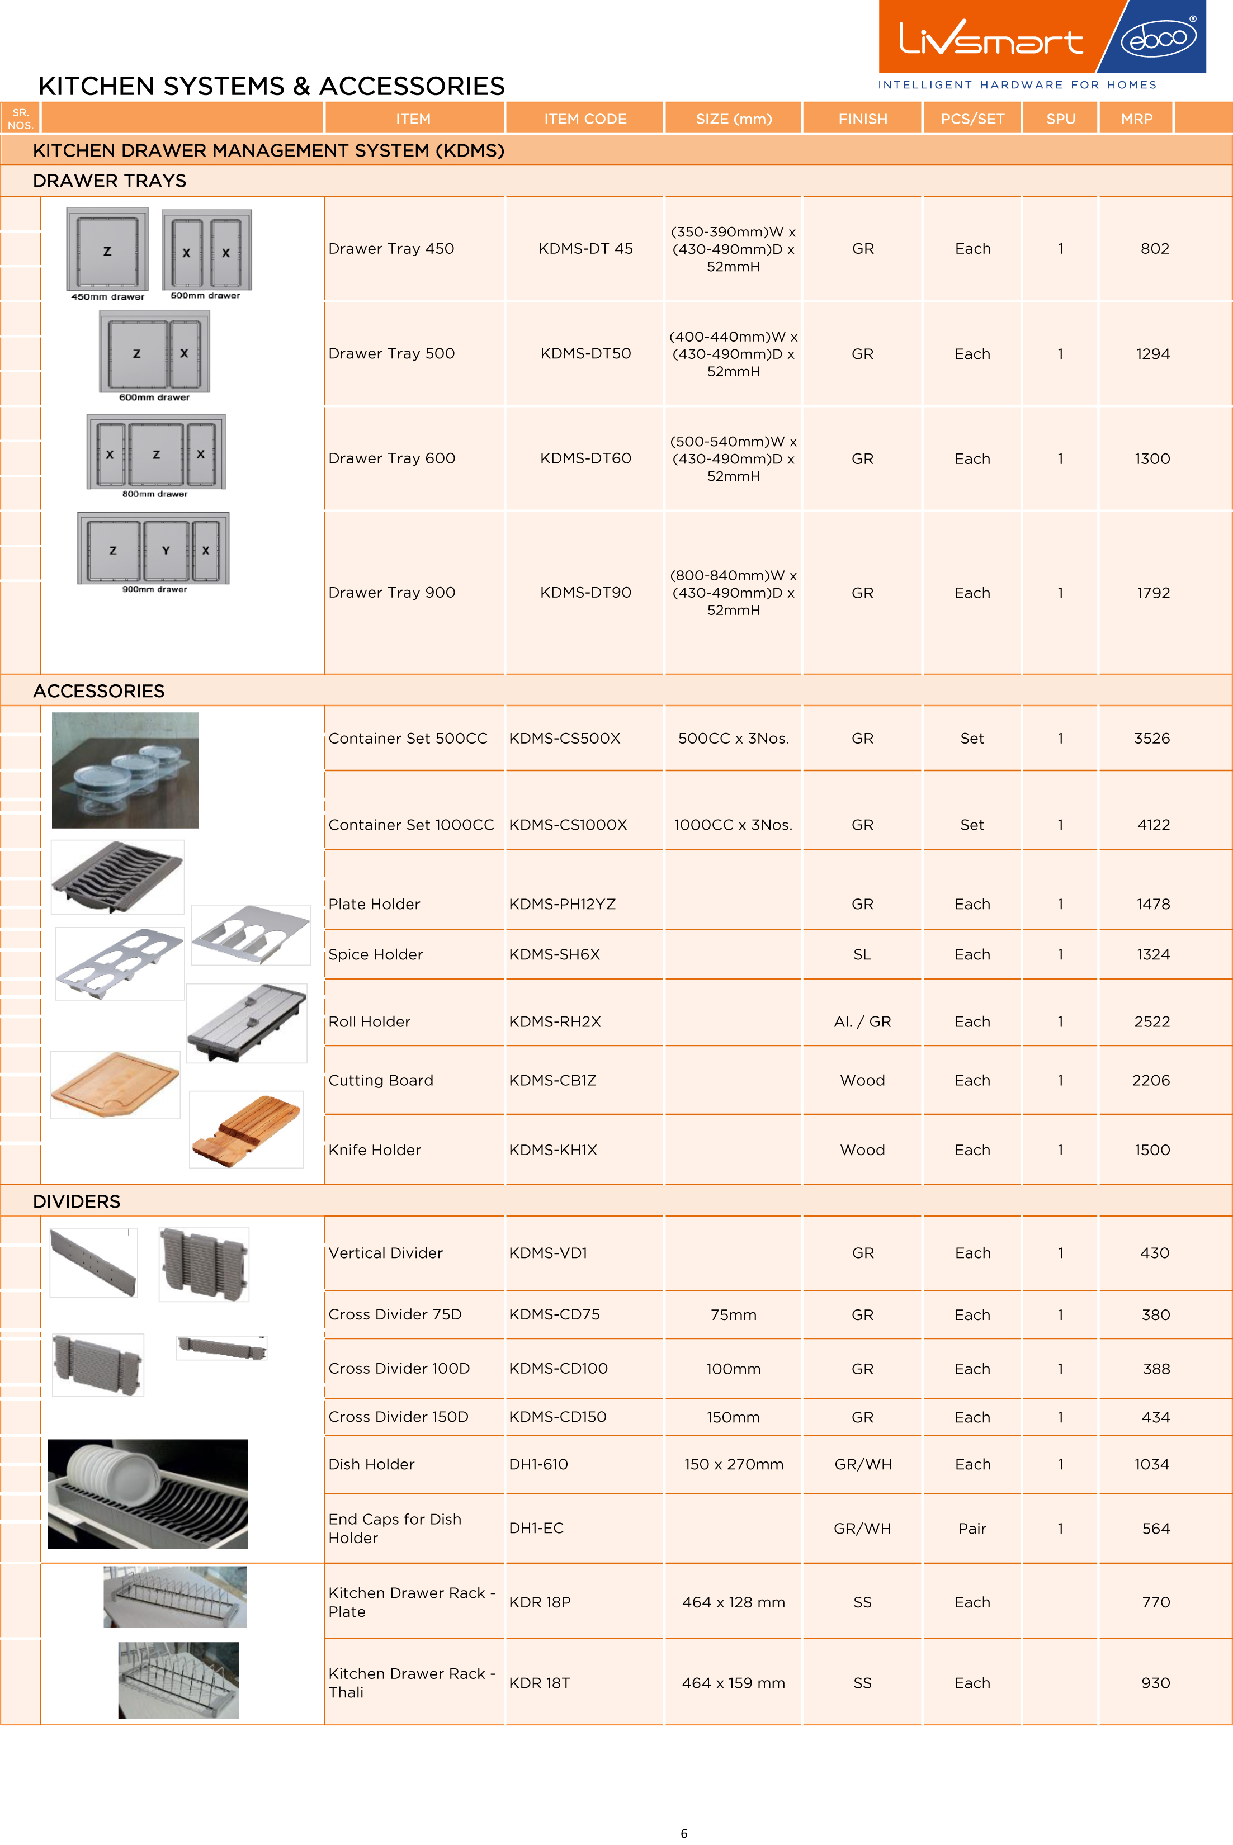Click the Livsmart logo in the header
point(991,37)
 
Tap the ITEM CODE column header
point(585,119)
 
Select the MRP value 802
point(1154,248)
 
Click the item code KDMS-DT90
point(585,593)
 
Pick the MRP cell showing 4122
point(1153,825)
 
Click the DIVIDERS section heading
point(76,1201)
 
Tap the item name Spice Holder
point(375,954)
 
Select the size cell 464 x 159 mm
point(733,1683)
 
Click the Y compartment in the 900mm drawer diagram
point(165,550)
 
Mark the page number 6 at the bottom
point(683,1833)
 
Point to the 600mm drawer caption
point(154,398)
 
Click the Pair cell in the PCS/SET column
point(972,1528)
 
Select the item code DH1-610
point(538,1464)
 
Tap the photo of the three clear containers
point(125,770)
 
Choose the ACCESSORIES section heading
point(98,691)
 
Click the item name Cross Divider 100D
point(399,1369)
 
